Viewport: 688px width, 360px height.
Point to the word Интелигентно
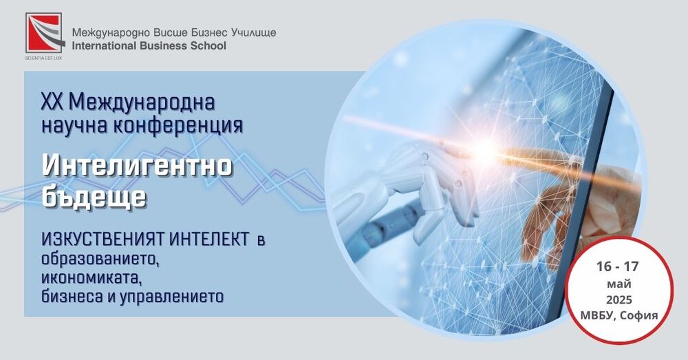[137, 166]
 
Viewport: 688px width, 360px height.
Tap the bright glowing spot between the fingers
[489, 147]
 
